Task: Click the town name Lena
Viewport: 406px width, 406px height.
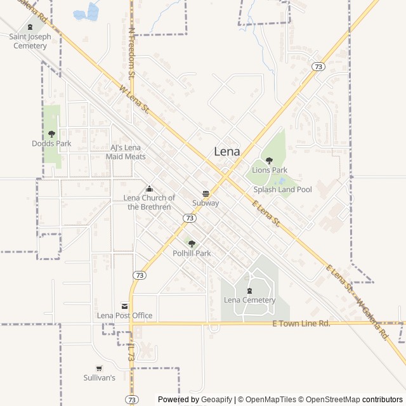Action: (x=227, y=152)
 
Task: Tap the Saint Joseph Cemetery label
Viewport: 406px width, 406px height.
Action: (x=30, y=41)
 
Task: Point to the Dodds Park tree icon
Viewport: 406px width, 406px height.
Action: (x=51, y=134)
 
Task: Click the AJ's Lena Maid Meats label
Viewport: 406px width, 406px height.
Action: (x=128, y=152)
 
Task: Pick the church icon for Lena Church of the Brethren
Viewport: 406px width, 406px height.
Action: (x=149, y=188)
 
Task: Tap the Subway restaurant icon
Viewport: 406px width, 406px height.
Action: (x=206, y=193)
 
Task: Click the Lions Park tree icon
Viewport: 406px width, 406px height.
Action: (x=269, y=160)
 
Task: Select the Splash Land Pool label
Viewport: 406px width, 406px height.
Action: (x=282, y=189)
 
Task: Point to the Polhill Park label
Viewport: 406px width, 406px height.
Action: (x=192, y=253)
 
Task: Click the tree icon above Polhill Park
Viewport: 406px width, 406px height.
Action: (x=192, y=244)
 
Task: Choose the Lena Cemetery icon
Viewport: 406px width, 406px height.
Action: (x=249, y=291)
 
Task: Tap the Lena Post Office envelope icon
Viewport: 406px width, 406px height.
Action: (x=124, y=306)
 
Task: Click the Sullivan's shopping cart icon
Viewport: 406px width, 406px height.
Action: (x=99, y=368)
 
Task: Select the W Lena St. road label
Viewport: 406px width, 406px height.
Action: (x=134, y=100)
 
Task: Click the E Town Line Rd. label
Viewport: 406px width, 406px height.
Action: (x=301, y=324)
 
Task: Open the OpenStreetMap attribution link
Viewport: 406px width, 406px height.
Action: (x=329, y=400)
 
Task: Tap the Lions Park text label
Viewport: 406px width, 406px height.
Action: (x=270, y=170)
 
